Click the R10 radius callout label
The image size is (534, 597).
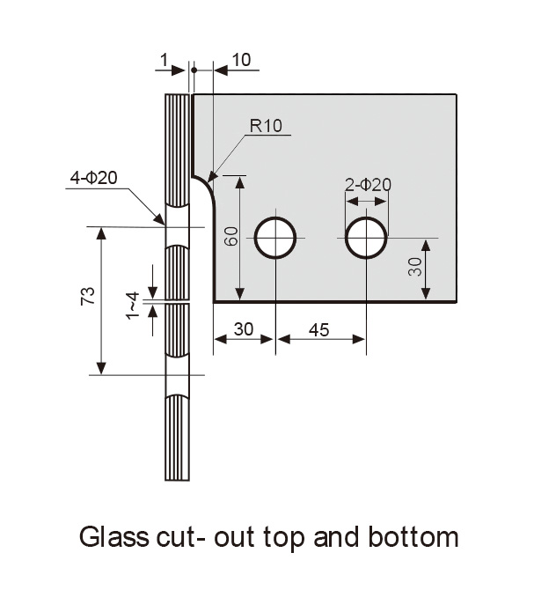point(266,125)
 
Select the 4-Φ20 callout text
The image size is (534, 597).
point(94,178)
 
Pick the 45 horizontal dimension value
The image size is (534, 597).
point(319,329)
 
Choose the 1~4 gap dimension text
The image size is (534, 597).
point(133,304)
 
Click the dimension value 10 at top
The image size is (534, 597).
point(241,60)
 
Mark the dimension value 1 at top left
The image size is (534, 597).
point(164,60)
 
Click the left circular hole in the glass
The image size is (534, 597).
point(275,238)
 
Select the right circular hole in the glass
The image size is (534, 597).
point(366,238)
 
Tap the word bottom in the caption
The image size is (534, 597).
point(416,536)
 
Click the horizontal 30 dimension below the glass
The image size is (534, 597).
point(244,329)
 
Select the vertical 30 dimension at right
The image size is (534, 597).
point(416,267)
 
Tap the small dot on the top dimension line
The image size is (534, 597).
point(194,70)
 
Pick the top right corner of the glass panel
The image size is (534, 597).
point(457,94)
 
